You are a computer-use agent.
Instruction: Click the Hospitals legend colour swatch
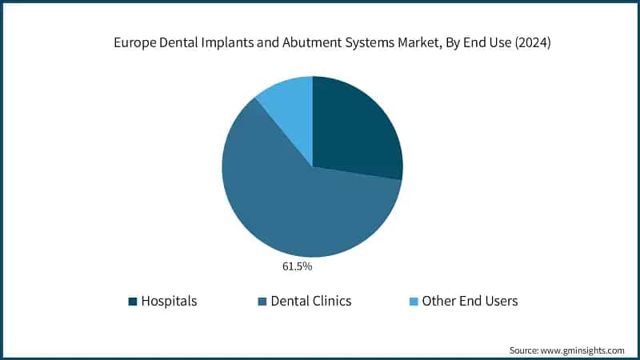pos(133,302)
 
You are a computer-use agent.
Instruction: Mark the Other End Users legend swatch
pos(413,302)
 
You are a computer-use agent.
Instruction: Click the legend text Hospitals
pos(169,302)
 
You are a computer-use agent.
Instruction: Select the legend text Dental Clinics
pos(311,302)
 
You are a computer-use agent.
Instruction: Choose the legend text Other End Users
pos(470,302)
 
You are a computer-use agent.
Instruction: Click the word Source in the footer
pos(525,350)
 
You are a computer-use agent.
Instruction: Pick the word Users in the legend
pos(501,302)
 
